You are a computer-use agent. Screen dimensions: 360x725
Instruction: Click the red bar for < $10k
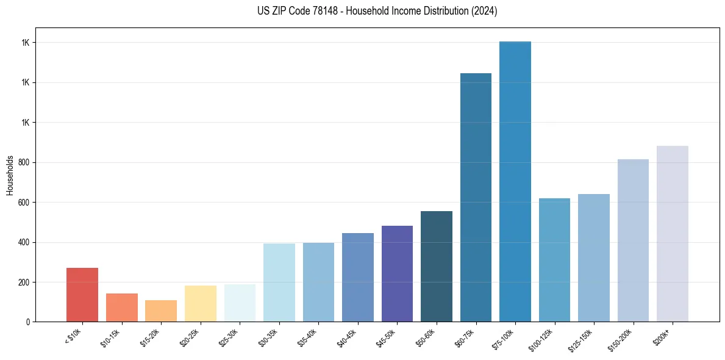click(x=82, y=295)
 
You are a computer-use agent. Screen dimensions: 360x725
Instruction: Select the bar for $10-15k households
click(x=121, y=308)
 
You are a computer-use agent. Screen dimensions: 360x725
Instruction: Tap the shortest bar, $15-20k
click(x=161, y=311)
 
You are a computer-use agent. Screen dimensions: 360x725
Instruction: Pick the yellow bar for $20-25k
click(x=201, y=303)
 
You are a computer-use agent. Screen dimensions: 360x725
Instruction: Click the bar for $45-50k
click(x=397, y=273)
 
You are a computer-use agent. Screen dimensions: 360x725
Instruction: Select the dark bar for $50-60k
click(x=437, y=266)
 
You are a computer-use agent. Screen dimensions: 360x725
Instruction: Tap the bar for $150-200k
click(x=633, y=240)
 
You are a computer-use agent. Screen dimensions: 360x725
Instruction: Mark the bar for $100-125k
click(x=554, y=260)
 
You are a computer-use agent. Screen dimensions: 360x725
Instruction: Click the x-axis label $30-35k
click(x=268, y=337)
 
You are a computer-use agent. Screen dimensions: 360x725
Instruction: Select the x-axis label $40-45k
click(x=347, y=337)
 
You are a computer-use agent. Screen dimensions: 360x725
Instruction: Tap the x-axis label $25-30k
click(x=229, y=337)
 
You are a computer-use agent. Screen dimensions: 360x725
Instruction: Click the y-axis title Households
click(x=10, y=175)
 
